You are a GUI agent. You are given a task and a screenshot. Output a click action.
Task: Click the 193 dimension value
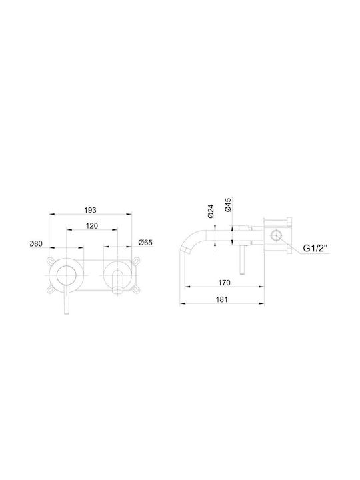point(90,210)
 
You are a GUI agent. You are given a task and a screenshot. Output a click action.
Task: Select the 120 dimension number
point(92,226)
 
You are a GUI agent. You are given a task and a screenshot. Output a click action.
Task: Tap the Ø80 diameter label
point(36,244)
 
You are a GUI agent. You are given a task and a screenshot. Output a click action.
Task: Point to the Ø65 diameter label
point(145,243)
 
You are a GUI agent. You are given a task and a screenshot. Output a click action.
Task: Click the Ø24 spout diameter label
point(211,211)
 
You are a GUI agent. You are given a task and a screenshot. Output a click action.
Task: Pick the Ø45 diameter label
point(228,205)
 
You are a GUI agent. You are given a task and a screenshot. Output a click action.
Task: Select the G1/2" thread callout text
point(315,248)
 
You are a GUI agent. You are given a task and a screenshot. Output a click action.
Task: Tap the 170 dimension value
point(225,283)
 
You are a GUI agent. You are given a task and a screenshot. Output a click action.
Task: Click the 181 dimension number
point(222,299)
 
